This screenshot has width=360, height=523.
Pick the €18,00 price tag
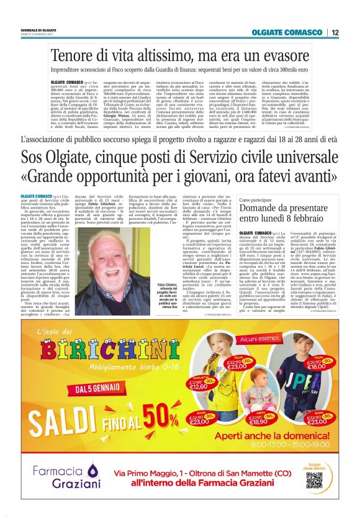click(x=316, y=366)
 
